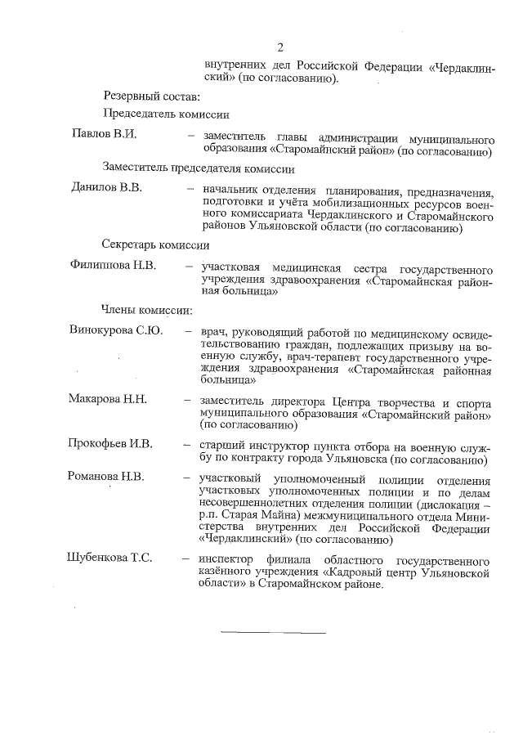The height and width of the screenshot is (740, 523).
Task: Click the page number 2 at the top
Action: point(279,47)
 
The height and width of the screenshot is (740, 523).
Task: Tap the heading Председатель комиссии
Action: point(166,114)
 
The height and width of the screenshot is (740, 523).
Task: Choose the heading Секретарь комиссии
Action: point(156,244)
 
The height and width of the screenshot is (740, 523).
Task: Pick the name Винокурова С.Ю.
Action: point(116,330)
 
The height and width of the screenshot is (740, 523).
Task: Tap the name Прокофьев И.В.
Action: point(110,444)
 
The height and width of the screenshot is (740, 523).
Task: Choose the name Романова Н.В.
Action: point(107,477)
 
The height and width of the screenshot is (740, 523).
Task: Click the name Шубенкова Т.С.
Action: point(110,558)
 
